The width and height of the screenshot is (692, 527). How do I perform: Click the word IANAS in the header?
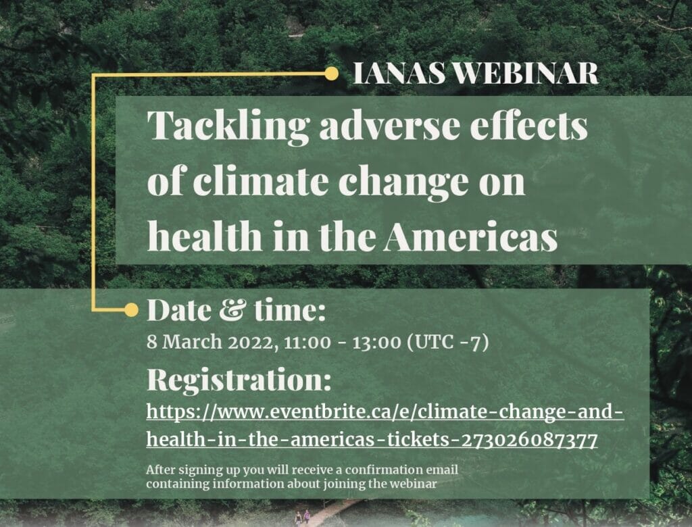[399, 74]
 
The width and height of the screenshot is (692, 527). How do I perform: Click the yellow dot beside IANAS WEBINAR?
[331, 74]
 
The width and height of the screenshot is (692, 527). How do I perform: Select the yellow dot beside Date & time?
[131, 310]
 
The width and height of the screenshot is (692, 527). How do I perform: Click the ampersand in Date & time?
[233, 310]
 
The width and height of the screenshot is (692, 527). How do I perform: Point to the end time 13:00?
[376, 343]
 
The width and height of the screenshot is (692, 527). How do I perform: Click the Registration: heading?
[239, 380]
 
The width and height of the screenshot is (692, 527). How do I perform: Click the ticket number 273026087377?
[529, 440]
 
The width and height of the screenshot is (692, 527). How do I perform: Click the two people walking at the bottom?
[302, 517]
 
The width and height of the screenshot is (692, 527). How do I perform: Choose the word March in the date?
[192, 343]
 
